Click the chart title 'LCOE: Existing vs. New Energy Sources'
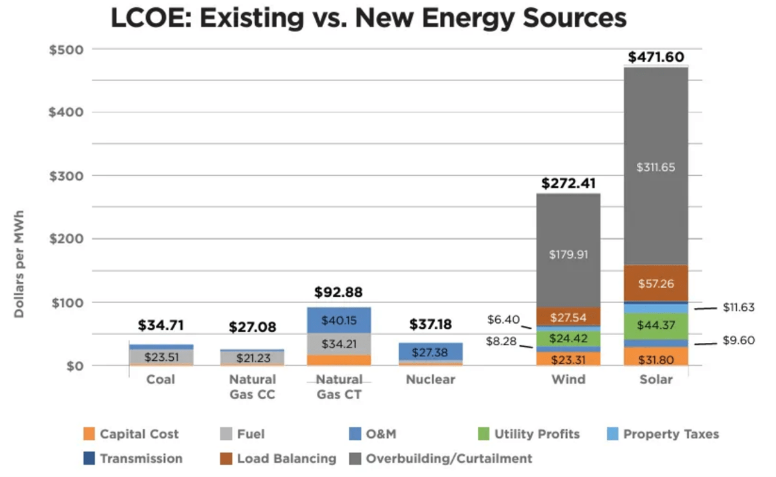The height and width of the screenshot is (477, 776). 368,18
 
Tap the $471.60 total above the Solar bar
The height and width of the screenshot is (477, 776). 656,57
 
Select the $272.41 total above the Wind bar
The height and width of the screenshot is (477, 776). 568,184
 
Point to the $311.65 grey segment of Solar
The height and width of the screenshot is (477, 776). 656,168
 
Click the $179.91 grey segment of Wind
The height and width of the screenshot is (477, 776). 568,254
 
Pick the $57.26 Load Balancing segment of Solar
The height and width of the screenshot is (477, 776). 656,283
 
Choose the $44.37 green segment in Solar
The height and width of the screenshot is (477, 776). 656,325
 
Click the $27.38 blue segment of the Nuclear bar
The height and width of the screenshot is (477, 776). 430,353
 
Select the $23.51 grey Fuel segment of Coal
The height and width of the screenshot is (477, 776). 161,357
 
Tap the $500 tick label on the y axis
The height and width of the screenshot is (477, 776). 67,49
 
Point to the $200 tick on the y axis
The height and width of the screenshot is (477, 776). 67,239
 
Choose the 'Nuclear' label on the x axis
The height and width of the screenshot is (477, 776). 430,379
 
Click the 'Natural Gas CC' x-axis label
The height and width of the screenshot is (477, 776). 252,386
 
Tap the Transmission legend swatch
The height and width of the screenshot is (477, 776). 89,458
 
